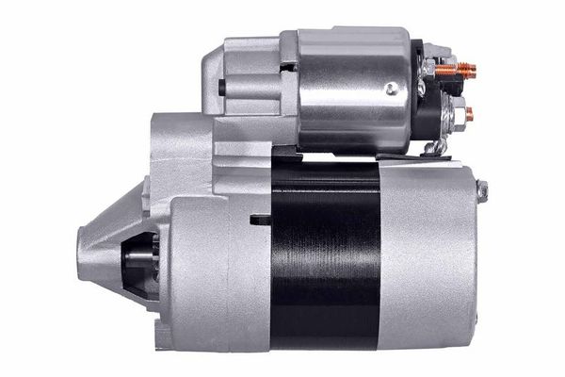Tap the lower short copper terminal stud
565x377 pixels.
pyautogui.click(x=468, y=114)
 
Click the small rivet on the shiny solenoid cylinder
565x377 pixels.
pyautogui.click(x=390, y=90)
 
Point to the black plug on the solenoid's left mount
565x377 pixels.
pyautogui.click(x=221, y=88)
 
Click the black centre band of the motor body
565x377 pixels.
pyautogui.click(x=324, y=254)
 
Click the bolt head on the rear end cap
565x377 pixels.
pyautogui.click(x=482, y=191)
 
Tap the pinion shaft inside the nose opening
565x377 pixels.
pyautogui.click(x=141, y=254)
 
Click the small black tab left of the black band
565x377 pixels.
pyautogui.click(x=260, y=220)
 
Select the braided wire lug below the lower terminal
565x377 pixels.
pyautogui.click(x=434, y=146)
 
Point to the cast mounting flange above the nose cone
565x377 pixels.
pyautogui.click(x=179, y=151)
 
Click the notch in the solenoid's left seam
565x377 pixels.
pyautogui.click(x=288, y=67)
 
